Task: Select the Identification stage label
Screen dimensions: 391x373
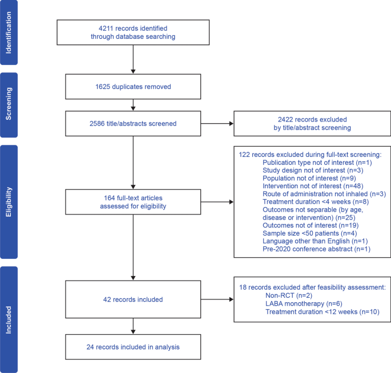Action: [x=9, y=33]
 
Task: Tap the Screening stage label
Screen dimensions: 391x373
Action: [x=9, y=104]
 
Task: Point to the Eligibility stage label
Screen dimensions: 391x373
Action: [x=9, y=202]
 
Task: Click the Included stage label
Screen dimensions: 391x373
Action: [x=9, y=320]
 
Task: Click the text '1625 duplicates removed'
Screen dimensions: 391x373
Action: [x=133, y=87]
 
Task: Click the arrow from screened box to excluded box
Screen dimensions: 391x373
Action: [x=217, y=123]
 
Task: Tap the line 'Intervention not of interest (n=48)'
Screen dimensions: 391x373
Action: [x=313, y=186]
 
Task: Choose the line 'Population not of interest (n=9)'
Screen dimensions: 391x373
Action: [x=309, y=179]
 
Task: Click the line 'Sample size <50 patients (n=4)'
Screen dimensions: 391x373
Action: [x=310, y=233]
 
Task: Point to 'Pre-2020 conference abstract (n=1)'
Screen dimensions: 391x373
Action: [x=316, y=249]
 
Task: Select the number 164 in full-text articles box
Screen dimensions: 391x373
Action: [x=109, y=198]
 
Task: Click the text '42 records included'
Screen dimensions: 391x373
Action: [x=133, y=299]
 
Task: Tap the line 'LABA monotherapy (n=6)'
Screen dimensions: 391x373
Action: [x=304, y=304]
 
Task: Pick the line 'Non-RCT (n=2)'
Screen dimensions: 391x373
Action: [x=289, y=295]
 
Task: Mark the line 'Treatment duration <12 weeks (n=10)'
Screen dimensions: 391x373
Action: [x=322, y=312]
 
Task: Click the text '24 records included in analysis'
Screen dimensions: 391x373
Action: [x=133, y=347]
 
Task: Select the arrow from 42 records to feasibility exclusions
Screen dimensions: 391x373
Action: [x=217, y=299]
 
